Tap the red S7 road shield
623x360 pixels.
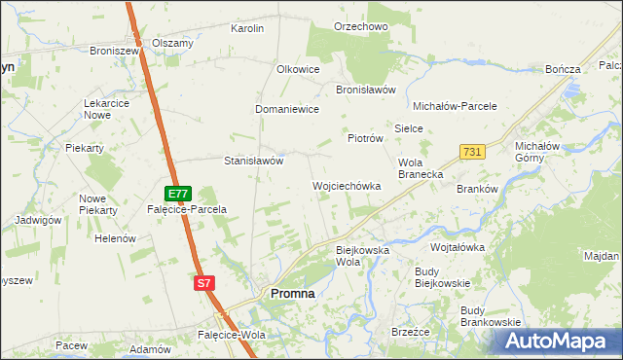click(x=202, y=283)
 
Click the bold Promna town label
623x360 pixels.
click(x=292, y=293)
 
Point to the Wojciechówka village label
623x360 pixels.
click(x=346, y=185)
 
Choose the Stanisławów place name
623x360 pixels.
click(x=253, y=161)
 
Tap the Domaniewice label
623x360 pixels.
click(x=287, y=110)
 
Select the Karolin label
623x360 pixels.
click(x=247, y=28)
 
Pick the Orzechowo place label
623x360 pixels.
click(x=360, y=26)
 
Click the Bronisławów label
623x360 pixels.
click(x=365, y=89)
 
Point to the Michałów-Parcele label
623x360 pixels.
click(x=456, y=106)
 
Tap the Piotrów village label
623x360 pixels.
click(x=365, y=138)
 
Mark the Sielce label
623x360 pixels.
click(x=406, y=128)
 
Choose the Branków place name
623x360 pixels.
click(x=477, y=190)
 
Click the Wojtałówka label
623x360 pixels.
click(x=458, y=247)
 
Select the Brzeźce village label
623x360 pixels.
click(x=410, y=331)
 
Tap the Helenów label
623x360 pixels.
click(x=114, y=238)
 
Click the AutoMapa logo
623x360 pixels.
click(x=556, y=341)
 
